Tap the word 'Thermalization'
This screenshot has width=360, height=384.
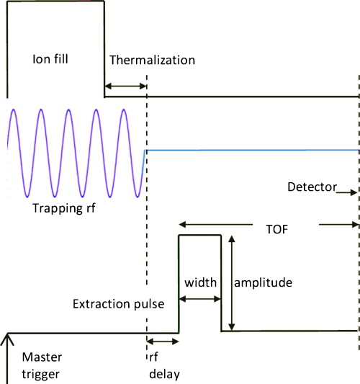tap(152, 60)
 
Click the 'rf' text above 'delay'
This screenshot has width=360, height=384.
tap(153, 357)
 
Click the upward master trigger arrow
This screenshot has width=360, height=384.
tap(8, 353)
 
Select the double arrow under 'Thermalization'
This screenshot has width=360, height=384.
tap(126, 86)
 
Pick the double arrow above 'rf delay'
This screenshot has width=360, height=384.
tap(161, 341)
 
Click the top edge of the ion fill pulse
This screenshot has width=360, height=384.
tap(55, 1)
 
